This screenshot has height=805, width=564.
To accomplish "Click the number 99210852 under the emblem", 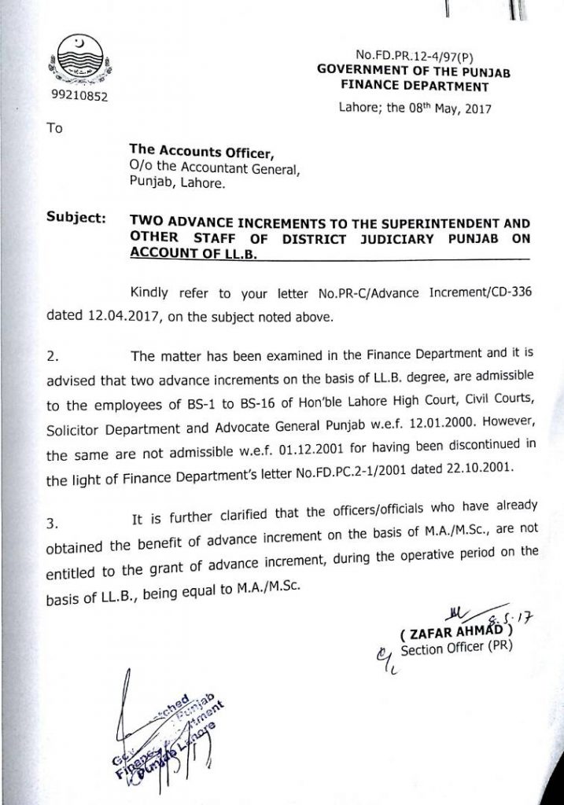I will point(76,97).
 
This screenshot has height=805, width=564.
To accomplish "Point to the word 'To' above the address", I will point(54,128).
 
